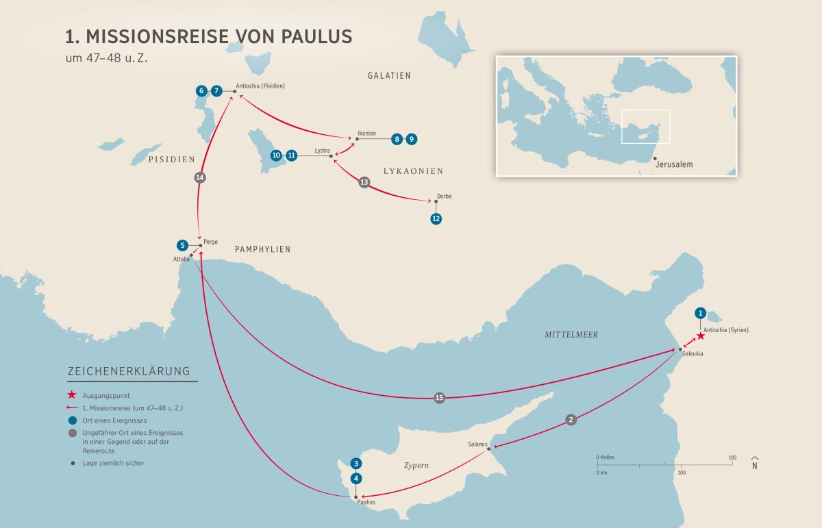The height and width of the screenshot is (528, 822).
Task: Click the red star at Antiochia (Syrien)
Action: click(701, 336)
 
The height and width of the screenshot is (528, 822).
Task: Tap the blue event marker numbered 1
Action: click(700, 313)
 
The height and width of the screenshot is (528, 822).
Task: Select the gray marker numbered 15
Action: click(439, 398)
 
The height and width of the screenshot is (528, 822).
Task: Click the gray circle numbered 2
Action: click(571, 420)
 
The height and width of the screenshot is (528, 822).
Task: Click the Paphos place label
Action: click(366, 503)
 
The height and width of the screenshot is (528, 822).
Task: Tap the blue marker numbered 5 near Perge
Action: click(182, 245)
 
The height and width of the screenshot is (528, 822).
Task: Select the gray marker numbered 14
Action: click(200, 177)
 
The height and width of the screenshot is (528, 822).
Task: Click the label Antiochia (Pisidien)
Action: click(260, 86)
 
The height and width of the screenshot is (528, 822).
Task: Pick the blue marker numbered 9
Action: click(411, 139)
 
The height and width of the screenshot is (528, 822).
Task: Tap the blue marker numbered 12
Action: click(436, 219)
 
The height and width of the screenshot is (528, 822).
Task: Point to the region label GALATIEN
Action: click(388, 75)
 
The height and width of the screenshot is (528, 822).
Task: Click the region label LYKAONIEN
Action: click(413, 171)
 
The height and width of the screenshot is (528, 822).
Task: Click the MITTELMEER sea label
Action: click(571, 335)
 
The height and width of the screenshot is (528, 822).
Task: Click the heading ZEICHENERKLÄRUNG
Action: click(128, 372)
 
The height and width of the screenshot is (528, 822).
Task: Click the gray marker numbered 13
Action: click(364, 182)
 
